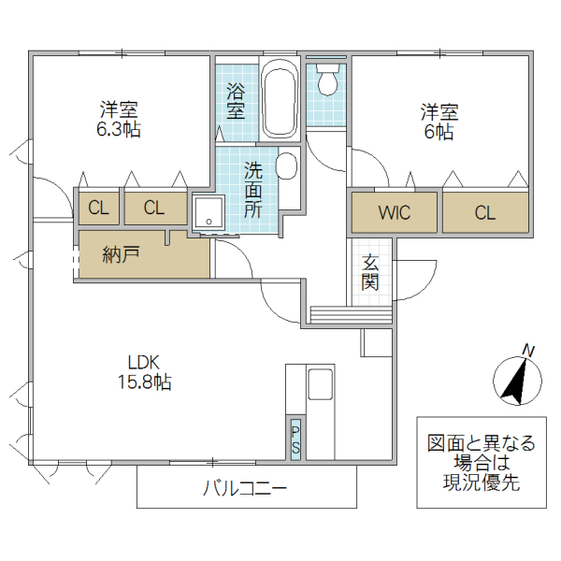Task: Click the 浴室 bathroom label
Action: [x=236, y=101]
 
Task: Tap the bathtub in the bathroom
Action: [x=279, y=101]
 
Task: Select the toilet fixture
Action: [x=327, y=80]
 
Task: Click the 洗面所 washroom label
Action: [x=253, y=190]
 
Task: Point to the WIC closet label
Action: [x=394, y=212]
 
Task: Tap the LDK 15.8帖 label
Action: [x=144, y=371]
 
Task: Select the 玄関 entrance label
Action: [x=371, y=272]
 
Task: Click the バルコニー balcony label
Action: [x=244, y=489]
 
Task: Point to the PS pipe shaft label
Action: [x=295, y=439]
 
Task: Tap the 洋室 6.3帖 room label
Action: [x=120, y=120]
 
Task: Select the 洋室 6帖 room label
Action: [x=438, y=122]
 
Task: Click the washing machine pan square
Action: [x=209, y=213]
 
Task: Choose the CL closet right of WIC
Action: [x=483, y=212]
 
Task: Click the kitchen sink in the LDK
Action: [x=319, y=383]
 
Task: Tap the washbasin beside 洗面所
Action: [x=286, y=166]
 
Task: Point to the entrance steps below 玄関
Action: [x=349, y=315]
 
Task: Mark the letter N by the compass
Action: [x=528, y=351]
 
